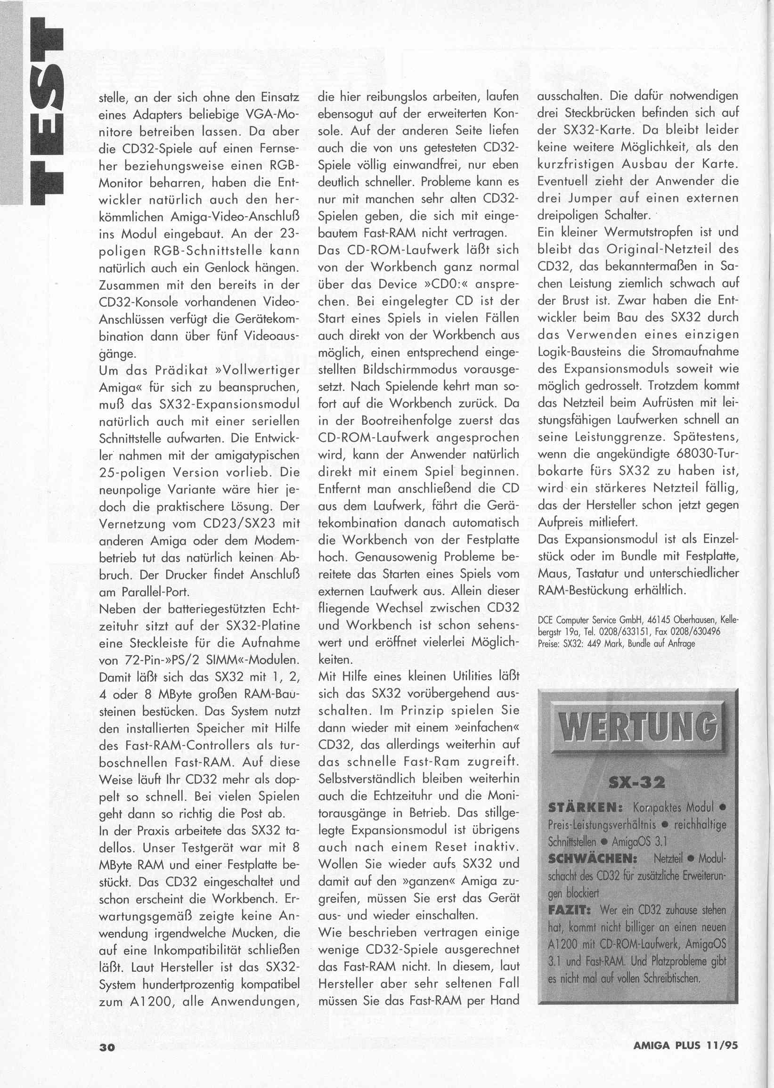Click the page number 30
107,1056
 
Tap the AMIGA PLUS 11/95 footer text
685,1055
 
